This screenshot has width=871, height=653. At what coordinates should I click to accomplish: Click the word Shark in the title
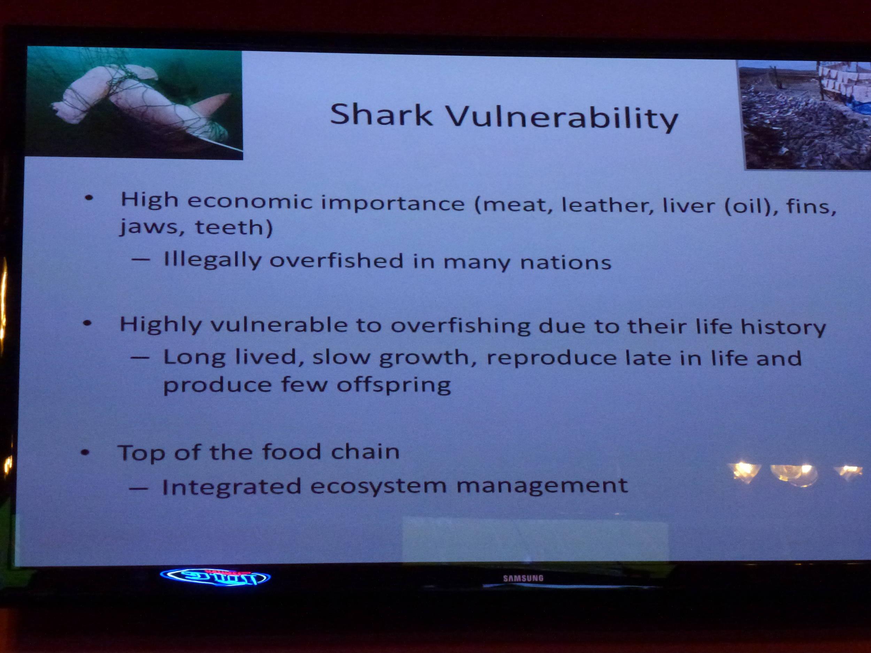pos(381,115)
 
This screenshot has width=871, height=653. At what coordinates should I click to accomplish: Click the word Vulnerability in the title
pos(562,117)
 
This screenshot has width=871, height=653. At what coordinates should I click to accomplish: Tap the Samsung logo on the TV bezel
pos(523,578)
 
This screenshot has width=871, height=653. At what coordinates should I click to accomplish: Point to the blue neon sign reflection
pos(215,577)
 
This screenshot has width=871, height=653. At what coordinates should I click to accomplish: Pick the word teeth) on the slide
pos(233,227)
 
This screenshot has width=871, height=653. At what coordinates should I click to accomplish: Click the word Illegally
pos(212,260)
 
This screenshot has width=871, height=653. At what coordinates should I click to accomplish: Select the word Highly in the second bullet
pos(160,326)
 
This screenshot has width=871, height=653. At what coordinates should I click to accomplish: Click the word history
pos(783,327)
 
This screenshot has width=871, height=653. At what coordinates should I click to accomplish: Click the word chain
pos(365,451)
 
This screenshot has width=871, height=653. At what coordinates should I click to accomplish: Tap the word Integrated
pos(232,487)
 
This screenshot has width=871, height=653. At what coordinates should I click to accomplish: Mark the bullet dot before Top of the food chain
pos(85,453)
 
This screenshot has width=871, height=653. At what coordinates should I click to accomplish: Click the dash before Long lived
pos(140,358)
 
